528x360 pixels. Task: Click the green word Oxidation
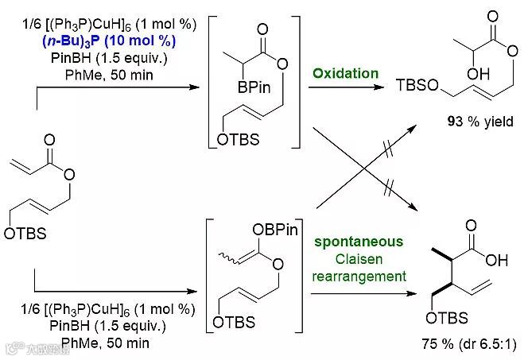[x=345, y=73]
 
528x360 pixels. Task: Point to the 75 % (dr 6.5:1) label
[x=469, y=345]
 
